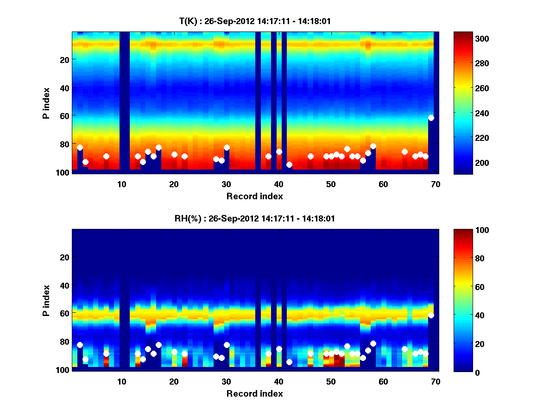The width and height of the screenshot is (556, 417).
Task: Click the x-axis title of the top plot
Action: (x=254, y=196)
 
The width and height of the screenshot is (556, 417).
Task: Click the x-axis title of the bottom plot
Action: (x=254, y=393)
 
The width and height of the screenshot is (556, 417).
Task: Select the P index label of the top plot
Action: (x=46, y=103)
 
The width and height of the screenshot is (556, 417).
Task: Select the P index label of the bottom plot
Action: (x=46, y=300)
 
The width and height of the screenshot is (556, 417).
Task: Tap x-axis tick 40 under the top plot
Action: (x=278, y=184)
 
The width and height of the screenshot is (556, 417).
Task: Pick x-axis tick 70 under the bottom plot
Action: (x=436, y=381)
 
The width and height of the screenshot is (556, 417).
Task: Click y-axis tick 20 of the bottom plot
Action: (x=64, y=257)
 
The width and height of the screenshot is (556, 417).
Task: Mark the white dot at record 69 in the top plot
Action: (x=431, y=118)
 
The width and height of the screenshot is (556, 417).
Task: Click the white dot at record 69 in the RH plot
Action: (x=431, y=315)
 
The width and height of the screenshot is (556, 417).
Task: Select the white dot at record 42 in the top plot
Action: (x=289, y=164)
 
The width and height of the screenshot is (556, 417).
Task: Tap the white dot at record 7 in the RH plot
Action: (x=106, y=354)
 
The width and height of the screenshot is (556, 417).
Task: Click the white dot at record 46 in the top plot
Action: (x=310, y=156)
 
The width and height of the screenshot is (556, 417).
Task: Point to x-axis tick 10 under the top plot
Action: (x=121, y=184)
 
